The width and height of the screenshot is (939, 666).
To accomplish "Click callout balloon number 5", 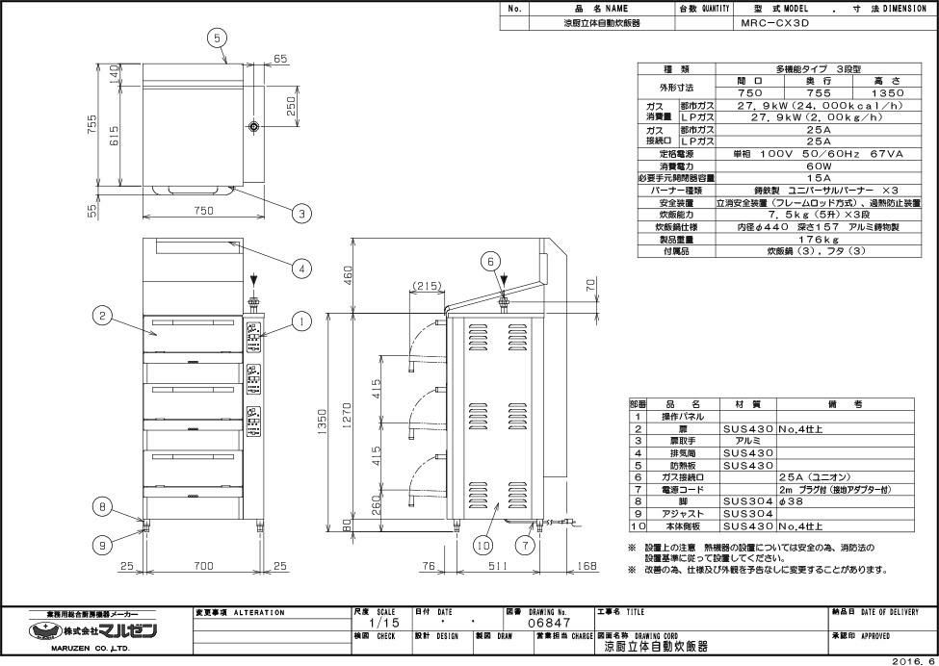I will coord(219,37).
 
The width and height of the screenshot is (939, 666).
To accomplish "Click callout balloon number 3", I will coord(300,214).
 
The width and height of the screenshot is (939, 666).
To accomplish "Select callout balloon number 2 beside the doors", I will coord(99,314).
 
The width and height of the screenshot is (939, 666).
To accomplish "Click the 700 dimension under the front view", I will coord(199,567).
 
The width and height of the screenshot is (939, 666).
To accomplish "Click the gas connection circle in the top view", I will coord(252,128).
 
